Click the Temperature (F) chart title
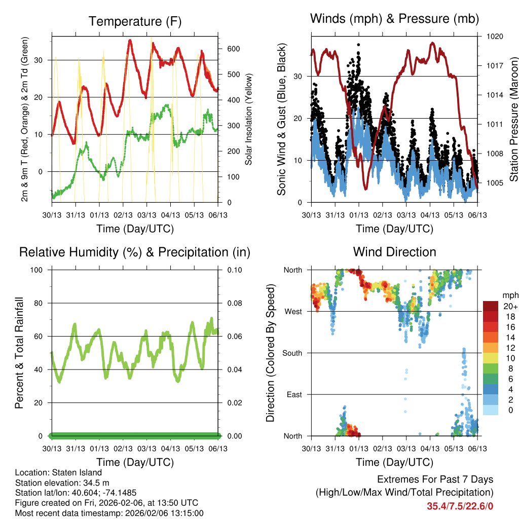(x=135, y=21)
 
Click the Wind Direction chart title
(x=394, y=252)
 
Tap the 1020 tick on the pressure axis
(x=494, y=36)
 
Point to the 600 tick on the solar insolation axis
(x=233, y=49)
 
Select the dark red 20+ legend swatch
(x=491, y=306)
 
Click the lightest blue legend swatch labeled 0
(x=491, y=411)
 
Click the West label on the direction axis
(x=293, y=311)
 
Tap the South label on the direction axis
(x=292, y=353)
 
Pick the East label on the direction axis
(x=293, y=394)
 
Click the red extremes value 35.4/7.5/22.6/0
(x=460, y=506)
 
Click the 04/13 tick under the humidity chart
(x=171, y=448)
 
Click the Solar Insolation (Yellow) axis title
(x=248, y=119)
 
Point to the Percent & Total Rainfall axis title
(x=19, y=353)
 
